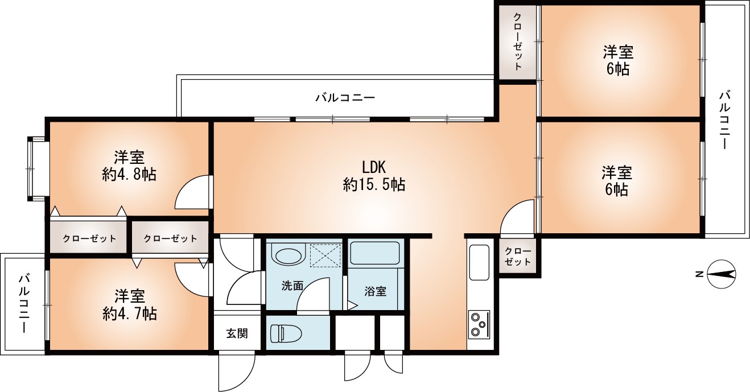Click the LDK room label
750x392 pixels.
click(374, 166)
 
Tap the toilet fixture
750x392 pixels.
click(286, 333)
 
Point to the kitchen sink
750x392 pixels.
click(479, 262)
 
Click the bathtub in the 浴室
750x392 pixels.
click(374, 253)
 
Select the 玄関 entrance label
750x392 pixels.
click(237, 333)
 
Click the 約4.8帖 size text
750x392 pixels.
click(129, 174)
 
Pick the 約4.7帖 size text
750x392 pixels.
click(130, 313)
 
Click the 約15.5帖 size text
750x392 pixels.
click(374, 184)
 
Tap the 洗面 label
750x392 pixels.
click(292, 286)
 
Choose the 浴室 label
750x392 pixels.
click(376, 291)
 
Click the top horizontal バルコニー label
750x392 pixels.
click(345, 98)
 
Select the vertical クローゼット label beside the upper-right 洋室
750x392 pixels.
click(518, 42)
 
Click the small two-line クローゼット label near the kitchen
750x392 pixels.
click(518, 256)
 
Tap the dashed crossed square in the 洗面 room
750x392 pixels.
click(325, 256)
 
